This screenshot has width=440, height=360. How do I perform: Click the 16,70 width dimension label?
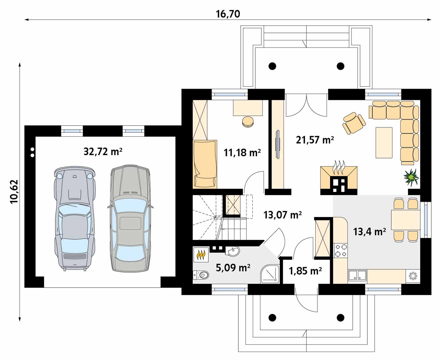tap(228, 14)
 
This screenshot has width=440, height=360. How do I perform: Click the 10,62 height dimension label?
tap(14, 192)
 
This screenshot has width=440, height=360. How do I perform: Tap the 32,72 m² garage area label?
tap(103, 151)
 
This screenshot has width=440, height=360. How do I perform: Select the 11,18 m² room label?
tap(242, 153)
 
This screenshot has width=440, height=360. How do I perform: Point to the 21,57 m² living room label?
tap(315, 140)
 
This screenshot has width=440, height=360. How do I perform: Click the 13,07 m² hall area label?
tap(282, 215)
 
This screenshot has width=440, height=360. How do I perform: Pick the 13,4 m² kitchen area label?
tap(369, 231)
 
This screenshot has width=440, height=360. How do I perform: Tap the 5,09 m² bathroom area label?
tap(233, 268)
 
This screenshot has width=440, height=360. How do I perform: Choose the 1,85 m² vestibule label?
tap(305, 271)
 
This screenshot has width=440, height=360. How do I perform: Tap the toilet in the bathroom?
tap(201, 275)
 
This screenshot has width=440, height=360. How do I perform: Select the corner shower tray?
tap(270, 274)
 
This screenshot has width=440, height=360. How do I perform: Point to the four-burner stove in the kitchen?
tap(341, 250)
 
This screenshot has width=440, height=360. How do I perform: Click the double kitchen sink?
tap(357, 275)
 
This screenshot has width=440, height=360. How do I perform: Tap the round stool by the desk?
tap(248, 121)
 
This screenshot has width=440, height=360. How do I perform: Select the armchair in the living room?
tap(354, 123)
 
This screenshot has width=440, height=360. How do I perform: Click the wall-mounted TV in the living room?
tap(278, 144)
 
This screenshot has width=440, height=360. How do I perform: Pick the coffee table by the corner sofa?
tap(384, 143)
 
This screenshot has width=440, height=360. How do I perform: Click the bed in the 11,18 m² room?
tap(205, 164)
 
